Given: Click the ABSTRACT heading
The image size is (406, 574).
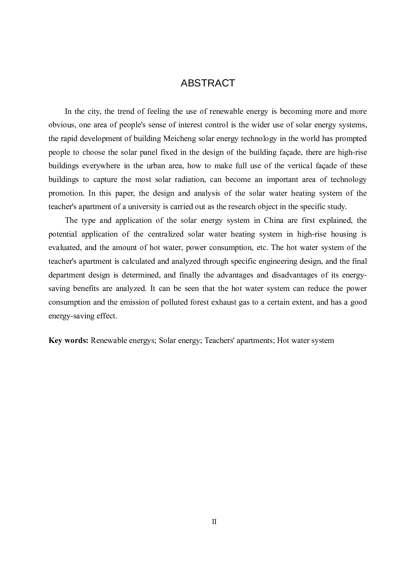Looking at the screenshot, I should [x=208, y=83].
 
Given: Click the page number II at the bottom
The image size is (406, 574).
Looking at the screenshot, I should [x=214, y=522].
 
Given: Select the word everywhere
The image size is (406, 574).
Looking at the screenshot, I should [x=101, y=166].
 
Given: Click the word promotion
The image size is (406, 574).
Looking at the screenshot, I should [x=66, y=193].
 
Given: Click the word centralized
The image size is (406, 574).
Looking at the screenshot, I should [x=166, y=234].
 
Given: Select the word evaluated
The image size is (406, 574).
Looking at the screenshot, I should [x=64, y=248].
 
